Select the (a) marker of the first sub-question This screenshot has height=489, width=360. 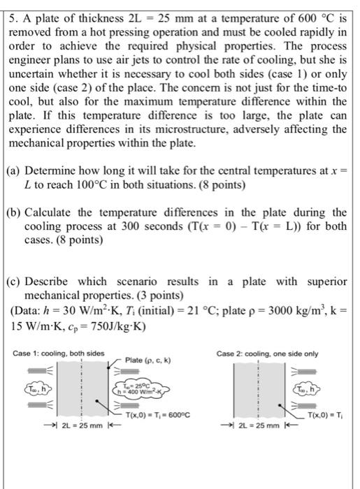tap(15, 173)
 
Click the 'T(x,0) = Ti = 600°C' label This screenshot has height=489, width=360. tap(157, 416)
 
